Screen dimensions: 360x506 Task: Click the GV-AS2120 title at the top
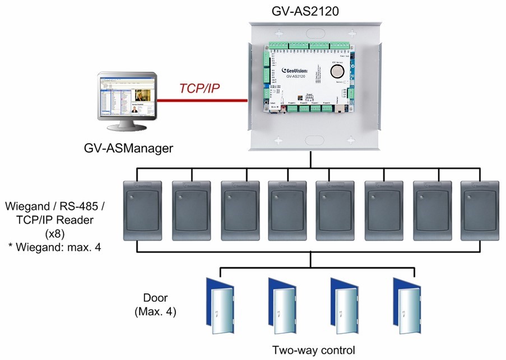point(306,11)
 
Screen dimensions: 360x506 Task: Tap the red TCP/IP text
point(200,89)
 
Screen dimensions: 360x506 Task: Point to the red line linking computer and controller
point(202,101)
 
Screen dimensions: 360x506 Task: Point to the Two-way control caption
point(313,350)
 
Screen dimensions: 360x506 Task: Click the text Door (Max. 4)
point(156,305)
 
